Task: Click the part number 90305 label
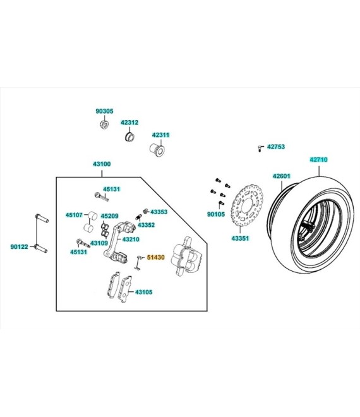pyautogui.click(x=104, y=111)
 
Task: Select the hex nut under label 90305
pyautogui.click(x=104, y=124)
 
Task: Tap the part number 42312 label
pyautogui.click(x=129, y=123)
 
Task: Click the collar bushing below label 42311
pyautogui.click(x=157, y=150)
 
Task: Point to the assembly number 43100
pyautogui.click(x=102, y=164)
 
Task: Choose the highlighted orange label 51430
pyautogui.click(x=156, y=257)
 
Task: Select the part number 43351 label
pyautogui.click(x=240, y=238)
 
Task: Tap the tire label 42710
pyautogui.click(x=318, y=160)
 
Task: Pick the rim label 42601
pyautogui.click(x=282, y=176)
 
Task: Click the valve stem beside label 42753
pyautogui.click(x=260, y=148)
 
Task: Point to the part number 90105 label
pyautogui.click(x=216, y=214)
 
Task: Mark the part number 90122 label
pyautogui.click(x=19, y=247)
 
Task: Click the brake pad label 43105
pyautogui.click(x=144, y=293)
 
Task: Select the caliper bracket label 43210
pyautogui.click(x=131, y=239)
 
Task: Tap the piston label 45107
pyautogui.click(x=74, y=215)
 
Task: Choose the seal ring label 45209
pyautogui.click(x=109, y=216)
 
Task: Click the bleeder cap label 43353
pyautogui.click(x=159, y=212)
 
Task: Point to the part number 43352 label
pyautogui.click(x=147, y=225)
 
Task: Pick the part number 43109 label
pyautogui.click(x=99, y=243)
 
